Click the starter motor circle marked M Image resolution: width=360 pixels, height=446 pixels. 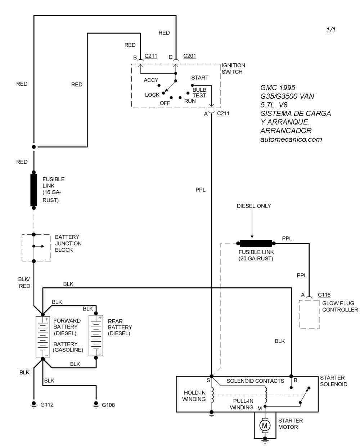pos(265,425)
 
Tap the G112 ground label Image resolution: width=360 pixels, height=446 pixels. pos(47,405)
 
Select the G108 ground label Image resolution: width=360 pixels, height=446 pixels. pos(108,405)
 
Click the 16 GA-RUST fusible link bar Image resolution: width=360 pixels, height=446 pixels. pos(34,190)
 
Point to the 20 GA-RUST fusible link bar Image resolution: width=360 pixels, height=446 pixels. pos(256,244)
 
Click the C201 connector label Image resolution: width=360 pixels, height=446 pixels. pos(190,56)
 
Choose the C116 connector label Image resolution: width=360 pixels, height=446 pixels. pos(324,295)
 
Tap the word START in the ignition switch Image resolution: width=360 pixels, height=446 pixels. pos(200,78)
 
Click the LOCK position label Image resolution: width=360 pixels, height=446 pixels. pos(152,95)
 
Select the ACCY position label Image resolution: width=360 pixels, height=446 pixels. pos(151,80)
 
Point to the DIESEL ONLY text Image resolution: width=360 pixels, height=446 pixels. pos(253,206)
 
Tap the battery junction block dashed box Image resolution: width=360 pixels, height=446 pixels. pos(36,247)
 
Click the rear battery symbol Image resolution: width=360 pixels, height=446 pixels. pos(96,336)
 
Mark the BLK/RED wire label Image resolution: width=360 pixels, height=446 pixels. pos(24,282)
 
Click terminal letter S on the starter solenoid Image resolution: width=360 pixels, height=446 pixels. pos(208,380)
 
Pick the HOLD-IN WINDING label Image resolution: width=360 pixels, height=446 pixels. pos(194,396)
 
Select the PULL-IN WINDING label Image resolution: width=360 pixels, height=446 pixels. pos(242,404)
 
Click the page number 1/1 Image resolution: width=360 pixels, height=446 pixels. pos(330,30)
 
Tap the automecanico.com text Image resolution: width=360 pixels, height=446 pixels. pos(291,139)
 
